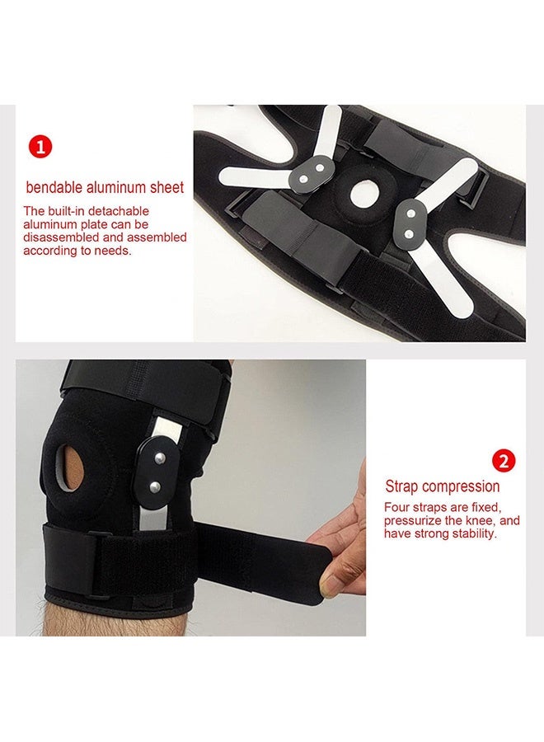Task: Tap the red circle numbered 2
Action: pos(503,460)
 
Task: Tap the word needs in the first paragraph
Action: pos(114,251)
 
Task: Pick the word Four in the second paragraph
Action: pos(396,508)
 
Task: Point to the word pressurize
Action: pos(414,521)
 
